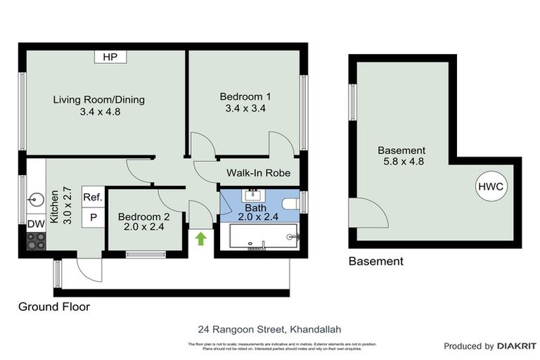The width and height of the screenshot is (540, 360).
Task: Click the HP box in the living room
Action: pyautogui.click(x=110, y=57)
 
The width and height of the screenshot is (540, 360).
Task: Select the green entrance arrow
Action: pyautogui.click(x=200, y=238)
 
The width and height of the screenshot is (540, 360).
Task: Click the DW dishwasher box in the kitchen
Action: pyautogui.click(x=35, y=224)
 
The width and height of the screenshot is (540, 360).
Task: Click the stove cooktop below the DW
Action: pyautogui.click(x=35, y=241)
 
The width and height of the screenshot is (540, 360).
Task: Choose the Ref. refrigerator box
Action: pyautogui.click(x=93, y=198)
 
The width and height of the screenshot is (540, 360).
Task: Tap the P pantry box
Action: pyautogui.click(x=93, y=219)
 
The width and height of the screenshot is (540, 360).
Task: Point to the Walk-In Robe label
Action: pyautogui.click(x=258, y=173)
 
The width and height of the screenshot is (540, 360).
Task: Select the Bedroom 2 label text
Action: pyautogui.click(x=143, y=216)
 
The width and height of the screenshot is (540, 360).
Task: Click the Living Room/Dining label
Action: pyautogui.click(x=99, y=99)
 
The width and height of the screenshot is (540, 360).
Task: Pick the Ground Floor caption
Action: pyautogui.click(x=54, y=307)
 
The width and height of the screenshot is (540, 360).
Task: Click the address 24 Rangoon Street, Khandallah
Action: pyautogui.click(x=271, y=329)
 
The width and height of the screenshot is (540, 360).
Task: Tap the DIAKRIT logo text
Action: pyautogui.click(x=517, y=346)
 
